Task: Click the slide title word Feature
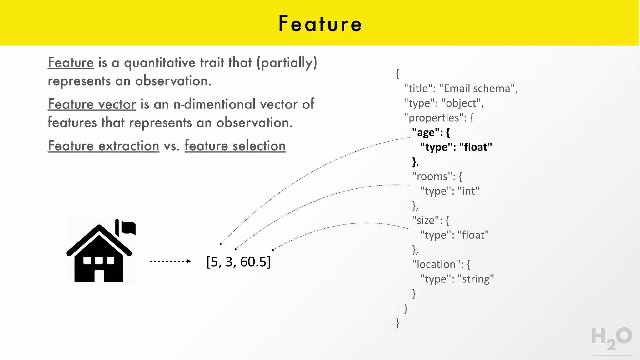[320, 24]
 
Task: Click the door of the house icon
[99, 276]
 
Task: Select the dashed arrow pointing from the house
[170, 261]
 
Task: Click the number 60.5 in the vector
[253, 262]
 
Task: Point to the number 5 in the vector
[214, 262]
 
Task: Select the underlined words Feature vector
[92, 104]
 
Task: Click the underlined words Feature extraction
[103, 146]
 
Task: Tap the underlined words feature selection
[235, 146]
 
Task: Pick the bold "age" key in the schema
[426, 132]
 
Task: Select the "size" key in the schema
[426, 221]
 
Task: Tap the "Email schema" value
[477, 88]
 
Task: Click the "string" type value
[476, 279]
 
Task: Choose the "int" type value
[468, 191]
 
